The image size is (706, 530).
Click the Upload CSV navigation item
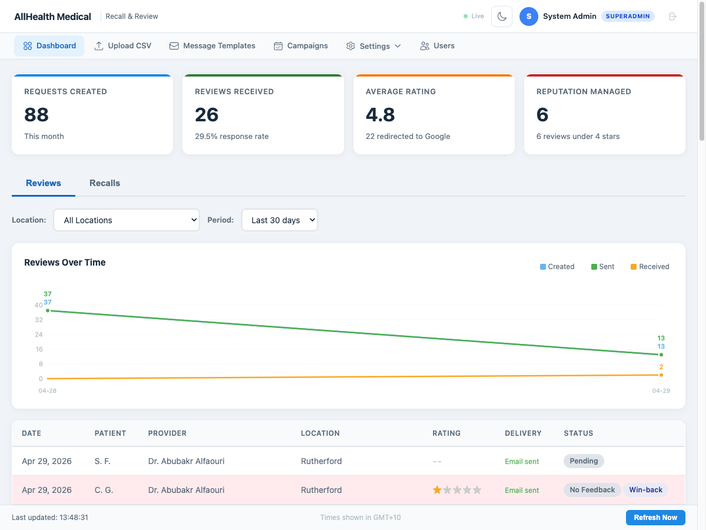click(123, 46)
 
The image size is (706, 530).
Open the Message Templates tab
click(212, 46)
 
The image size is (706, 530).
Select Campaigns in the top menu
click(301, 46)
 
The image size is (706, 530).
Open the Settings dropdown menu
click(374, 46)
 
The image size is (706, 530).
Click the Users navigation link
click(437, 46)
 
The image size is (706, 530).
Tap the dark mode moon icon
click(502, 16)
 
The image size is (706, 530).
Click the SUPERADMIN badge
click(628, 16)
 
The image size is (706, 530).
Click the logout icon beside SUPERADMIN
click(673, 16)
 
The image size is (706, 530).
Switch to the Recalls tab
click(105, 183)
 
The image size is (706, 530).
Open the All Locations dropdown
click(126, 220)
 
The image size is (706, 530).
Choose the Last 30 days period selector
click(279, 220)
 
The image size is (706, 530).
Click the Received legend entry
click(650, 267)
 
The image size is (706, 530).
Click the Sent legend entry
click(602, 267)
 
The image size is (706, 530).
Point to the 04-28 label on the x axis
click(48, 390)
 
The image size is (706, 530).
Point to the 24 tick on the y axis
click(39, 334)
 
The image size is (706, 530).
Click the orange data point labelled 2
click(661, 375)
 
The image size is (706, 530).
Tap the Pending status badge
click(584, 461)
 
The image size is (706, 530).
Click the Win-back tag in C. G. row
click(645, 490)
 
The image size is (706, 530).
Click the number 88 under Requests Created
click(36, 115)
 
